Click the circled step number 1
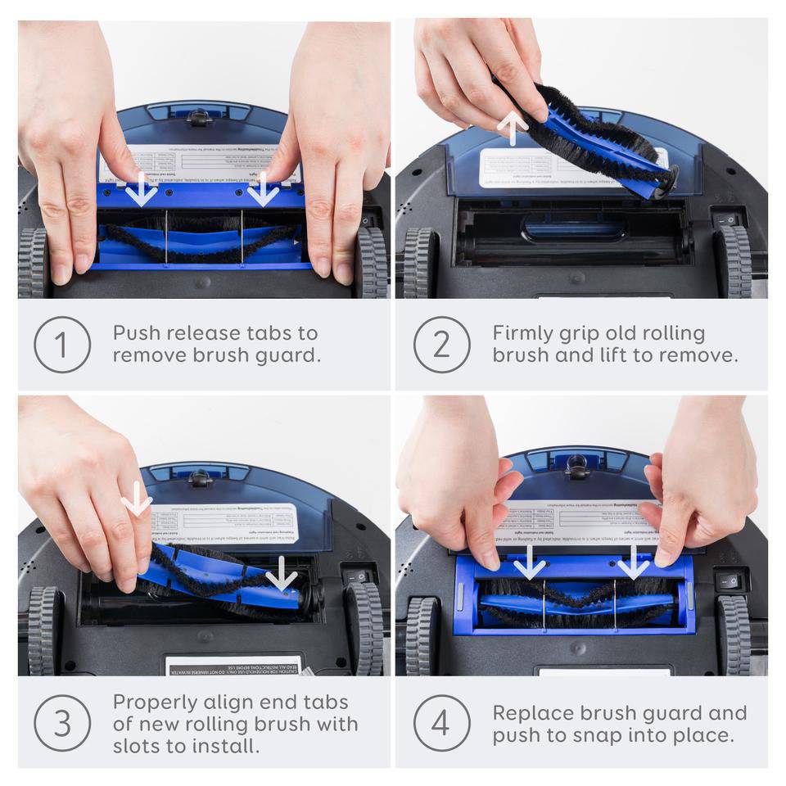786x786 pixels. [x=62, y=345]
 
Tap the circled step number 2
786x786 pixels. [x=441, y=345]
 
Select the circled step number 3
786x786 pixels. [x=62, y=723]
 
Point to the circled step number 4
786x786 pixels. [x=441, y=723]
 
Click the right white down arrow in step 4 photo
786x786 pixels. [x=633, y=562]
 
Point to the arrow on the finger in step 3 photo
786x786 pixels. [x=136, y=499]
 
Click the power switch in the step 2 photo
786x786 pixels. [x=726, y=220]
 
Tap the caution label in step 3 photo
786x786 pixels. [x=234, y=664]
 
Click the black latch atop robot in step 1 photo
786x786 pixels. [x=199, y=116]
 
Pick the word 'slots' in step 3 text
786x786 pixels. [x=138, y=746]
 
